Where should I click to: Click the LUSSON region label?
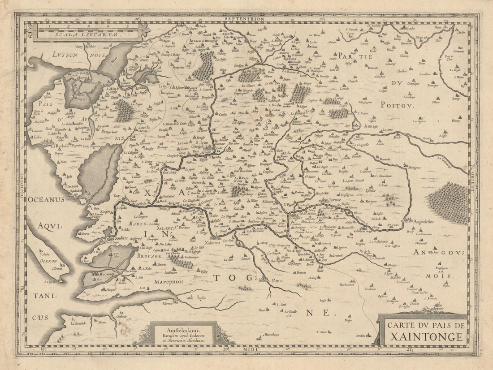[65, 54]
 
